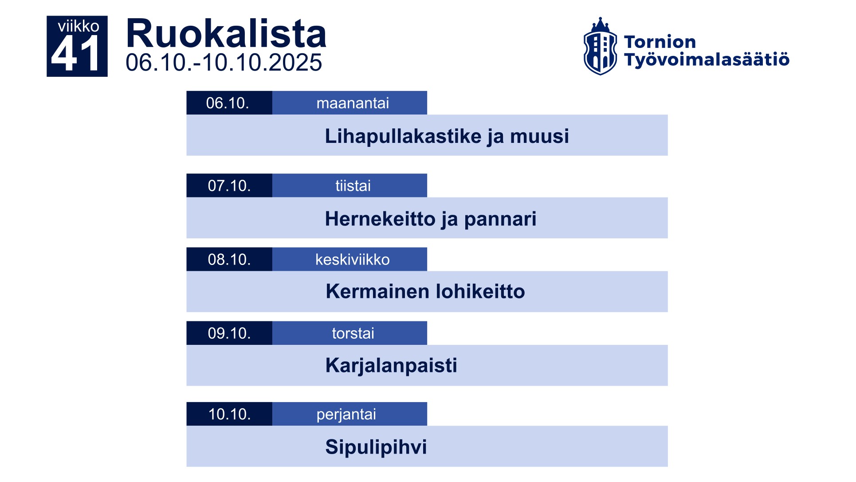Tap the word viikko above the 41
point(79,26)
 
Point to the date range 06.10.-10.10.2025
point(224,63)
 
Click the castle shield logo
point(600,47)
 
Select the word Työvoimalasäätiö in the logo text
point(707,59)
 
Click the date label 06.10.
point(228,103)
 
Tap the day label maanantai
point(353,103)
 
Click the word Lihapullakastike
point(403,136)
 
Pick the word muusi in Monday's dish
point(539,136)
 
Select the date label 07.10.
point(229,186)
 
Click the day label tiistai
point(353,186)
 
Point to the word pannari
point(500,219)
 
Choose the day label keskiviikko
point(353,259)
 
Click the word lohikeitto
point(480,292)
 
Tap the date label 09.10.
point(229,333)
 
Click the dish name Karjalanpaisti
point(391,366)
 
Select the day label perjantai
point(346,414)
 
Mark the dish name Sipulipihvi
point(376,447)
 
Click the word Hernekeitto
point(380,219)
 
